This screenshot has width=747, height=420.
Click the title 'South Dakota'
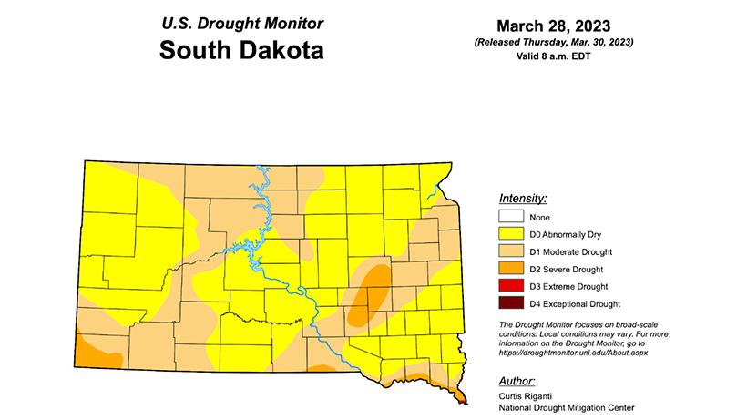pos(241,50)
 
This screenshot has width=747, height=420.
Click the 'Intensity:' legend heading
pos(523,198)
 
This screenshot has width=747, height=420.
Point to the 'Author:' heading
pos(517,380)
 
